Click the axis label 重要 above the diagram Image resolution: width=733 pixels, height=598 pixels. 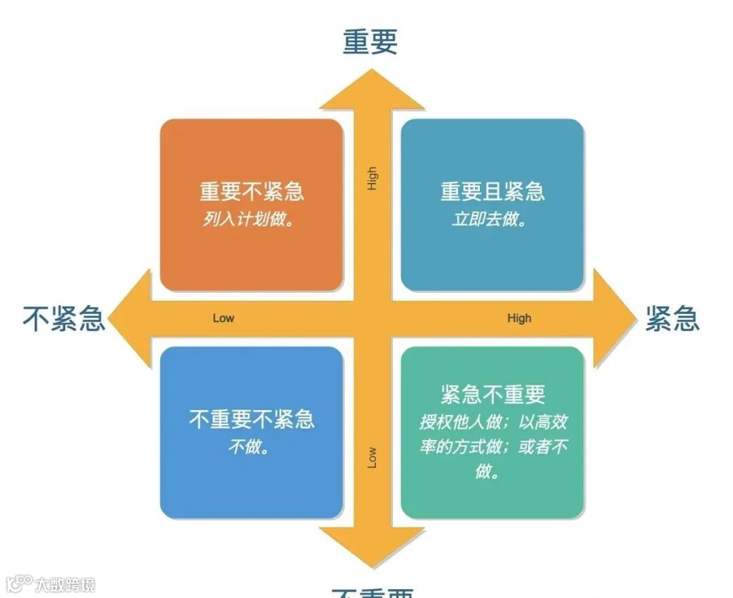pos(370,41)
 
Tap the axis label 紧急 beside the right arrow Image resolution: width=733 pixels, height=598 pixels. pos(671,318)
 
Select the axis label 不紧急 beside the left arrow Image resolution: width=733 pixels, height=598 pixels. pos(64,318)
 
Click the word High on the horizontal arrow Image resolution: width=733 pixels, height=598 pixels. pos(519,318)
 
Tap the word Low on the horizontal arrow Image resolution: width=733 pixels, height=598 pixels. pos(223,318)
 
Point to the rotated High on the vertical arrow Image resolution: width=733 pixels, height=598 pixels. pos(372,178)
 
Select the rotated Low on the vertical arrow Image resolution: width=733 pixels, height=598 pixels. pos(372,458)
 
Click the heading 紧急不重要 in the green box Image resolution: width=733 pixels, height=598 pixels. pos(493,395)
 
